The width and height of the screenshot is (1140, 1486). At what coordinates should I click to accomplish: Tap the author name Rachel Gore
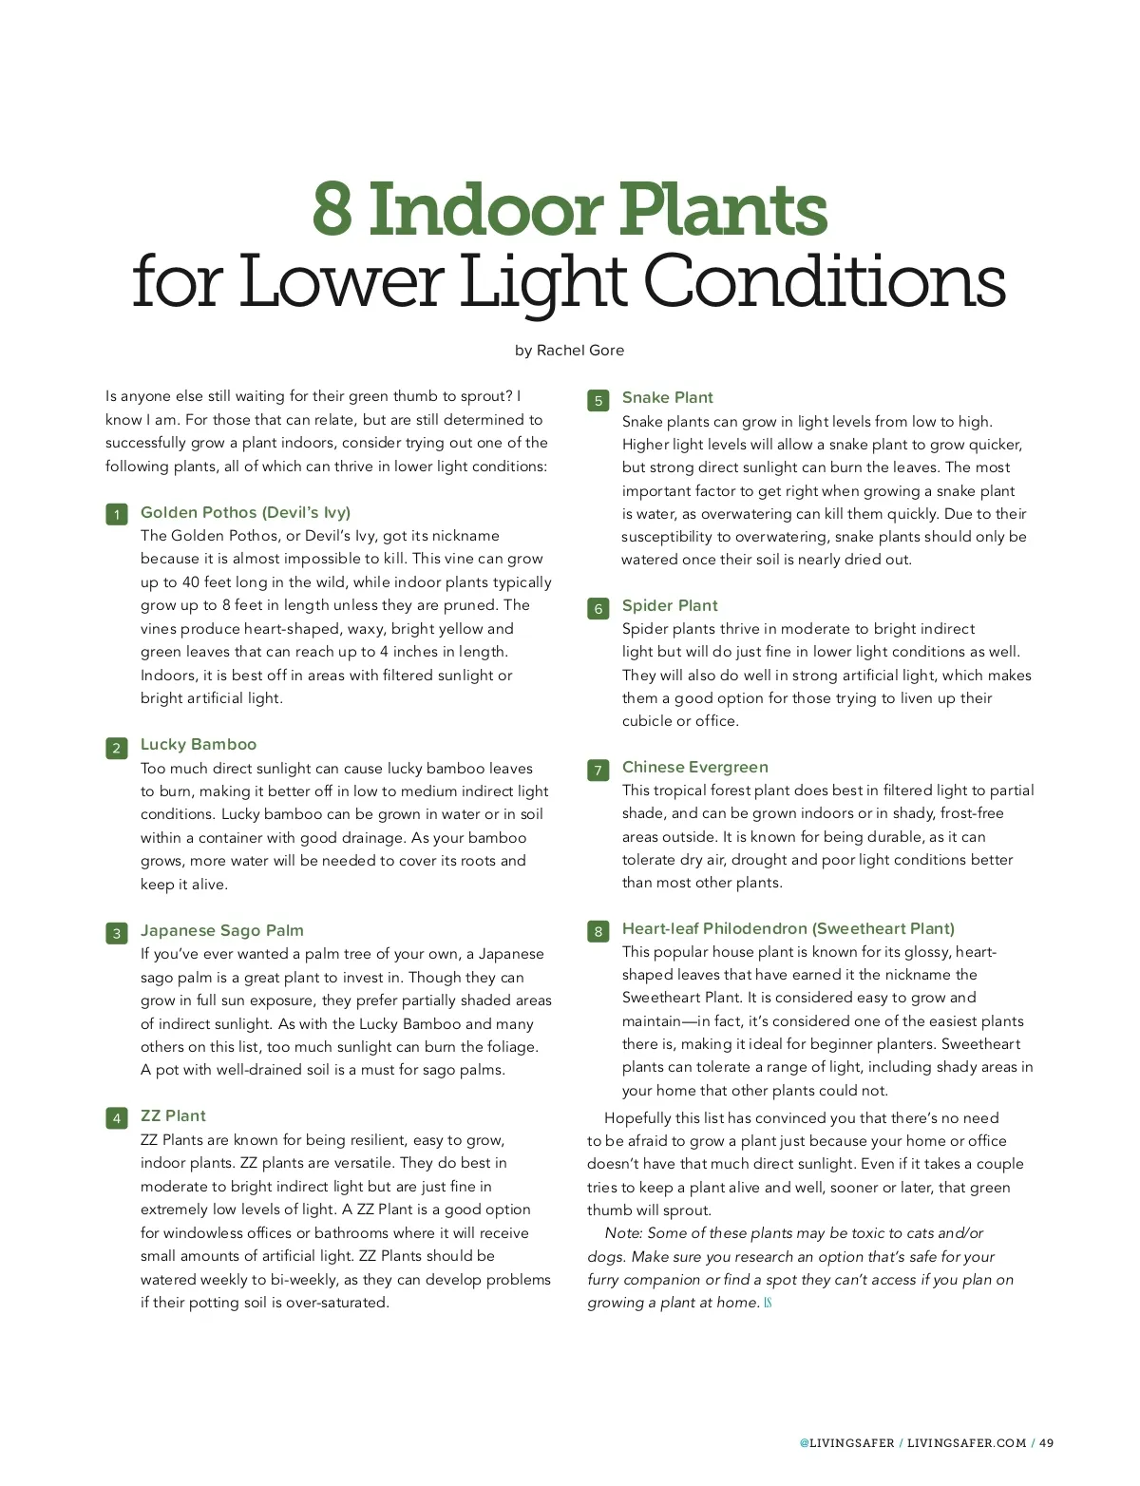click(x=579, y=351)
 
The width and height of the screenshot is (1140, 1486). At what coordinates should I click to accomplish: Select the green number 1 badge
click(x=117, y=515)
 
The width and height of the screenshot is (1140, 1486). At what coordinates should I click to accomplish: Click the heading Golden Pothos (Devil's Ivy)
click(x=245, y=513)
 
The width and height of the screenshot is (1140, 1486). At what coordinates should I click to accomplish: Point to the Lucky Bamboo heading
click(x=199, y=745)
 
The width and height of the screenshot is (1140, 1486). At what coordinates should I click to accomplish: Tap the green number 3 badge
click(x=117, y=933)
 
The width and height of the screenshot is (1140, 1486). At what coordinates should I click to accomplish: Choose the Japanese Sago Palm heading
click(x=222, y=931)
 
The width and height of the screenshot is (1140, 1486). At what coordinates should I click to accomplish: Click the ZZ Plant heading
click(x=173, y=1116)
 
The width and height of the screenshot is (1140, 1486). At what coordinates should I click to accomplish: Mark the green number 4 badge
click(x=117, y=1118)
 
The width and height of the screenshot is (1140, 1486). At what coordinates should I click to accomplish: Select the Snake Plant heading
click(x=667, y=398)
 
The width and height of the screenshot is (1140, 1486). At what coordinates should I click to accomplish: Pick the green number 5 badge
click(x=598, y=400)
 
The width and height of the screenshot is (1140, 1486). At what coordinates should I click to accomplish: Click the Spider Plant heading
click(x=670, y=606)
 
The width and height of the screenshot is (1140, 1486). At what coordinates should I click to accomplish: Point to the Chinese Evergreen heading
click(x=694, y=768)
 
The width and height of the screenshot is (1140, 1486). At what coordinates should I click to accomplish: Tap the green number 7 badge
click(x=598, y=770)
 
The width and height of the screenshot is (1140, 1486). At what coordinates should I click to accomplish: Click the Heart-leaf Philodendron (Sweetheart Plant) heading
click(x=788, y=929)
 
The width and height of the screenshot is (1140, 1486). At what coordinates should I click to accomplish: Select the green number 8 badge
click(x=598, y=931)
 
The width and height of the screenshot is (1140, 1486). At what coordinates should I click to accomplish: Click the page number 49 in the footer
click(x=1046, y=1443)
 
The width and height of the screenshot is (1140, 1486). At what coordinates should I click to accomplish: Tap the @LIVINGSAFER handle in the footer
click(x=846, y=1443)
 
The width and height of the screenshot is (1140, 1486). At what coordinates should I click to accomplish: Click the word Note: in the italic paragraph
click(x=624, y=1233)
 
